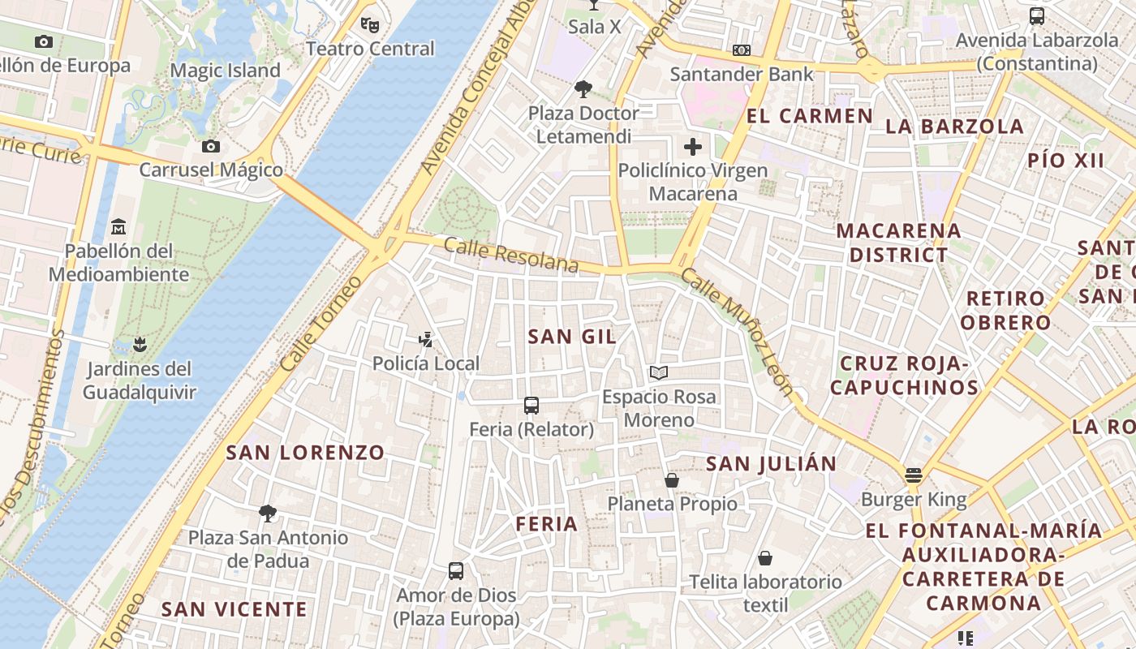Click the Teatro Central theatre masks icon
[x=370, y=25]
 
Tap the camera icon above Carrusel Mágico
[x=211, y=147]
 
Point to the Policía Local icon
[x=425, y=339]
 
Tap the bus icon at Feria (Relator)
[x=531, y=405]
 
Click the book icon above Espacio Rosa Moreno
[x=659, y=372]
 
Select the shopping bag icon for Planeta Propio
[x=672, y=480]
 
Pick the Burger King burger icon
[x=914, y=475]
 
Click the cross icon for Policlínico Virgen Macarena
[x=693, y=147]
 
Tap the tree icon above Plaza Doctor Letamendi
[x=583, y=88]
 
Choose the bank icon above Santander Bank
[x=741, y=50]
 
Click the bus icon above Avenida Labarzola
[x=1036, y=16]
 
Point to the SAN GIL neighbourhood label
[x=572, y=336]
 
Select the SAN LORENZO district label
[x=305, y=453]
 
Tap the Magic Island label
[x=225, y=71]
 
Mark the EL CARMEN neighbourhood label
[x=809, y=116]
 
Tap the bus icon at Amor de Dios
[x=456, y=571]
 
